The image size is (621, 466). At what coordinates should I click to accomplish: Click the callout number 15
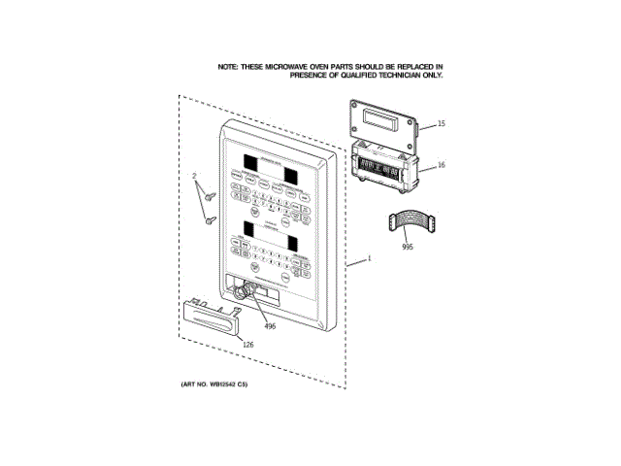coord(441,124)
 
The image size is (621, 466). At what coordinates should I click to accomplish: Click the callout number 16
coord(441,165)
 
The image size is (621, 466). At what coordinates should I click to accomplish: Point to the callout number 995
coord(408,248)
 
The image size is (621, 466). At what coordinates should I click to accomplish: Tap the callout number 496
coord(270,326)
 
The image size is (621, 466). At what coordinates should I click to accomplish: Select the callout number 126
coord(247,347)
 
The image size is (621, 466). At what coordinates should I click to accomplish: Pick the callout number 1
coord(369,259)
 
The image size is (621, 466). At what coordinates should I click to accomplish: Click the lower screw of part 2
coord(209,221)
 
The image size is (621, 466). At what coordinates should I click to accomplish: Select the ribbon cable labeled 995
coord(409,222)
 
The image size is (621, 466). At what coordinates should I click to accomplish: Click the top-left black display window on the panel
coord(252,161)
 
